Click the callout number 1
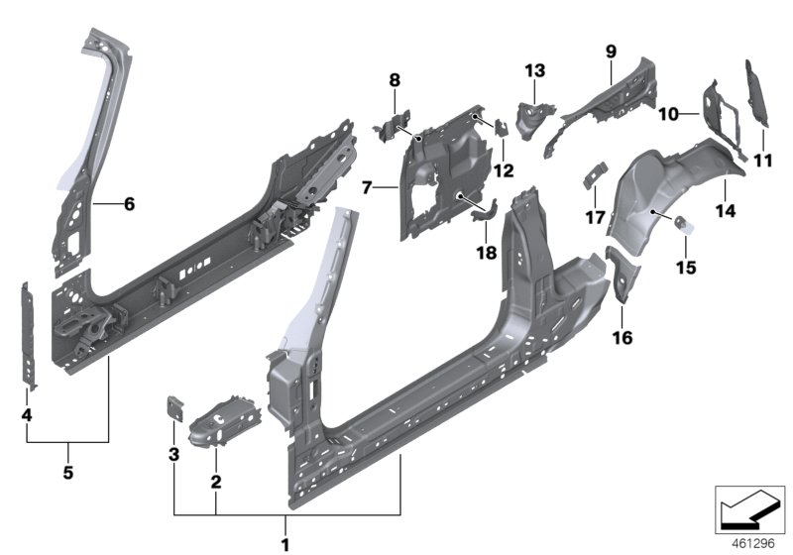[x=285, y=544]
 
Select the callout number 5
[x=68, y=473]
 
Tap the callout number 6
[x=129, y=205]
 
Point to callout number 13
[x=535, y=70]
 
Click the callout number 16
[x=622, y=338]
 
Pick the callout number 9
[x=611, y=51]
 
